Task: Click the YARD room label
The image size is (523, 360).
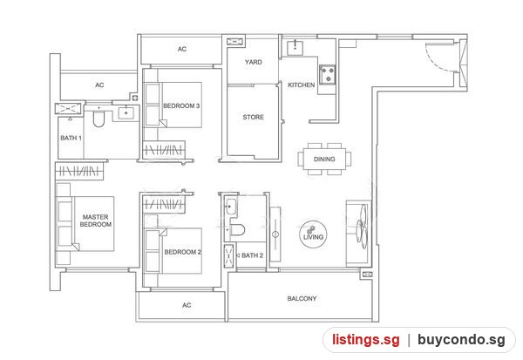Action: pyautogui.click(x=253, y=62)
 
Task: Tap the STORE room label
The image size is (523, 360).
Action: pyautogui.click(x=253, y=117)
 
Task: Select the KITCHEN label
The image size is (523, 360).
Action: pyautogui.click(x=302, y=85)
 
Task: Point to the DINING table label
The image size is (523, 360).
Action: pyautogui.click(x=324, y=160)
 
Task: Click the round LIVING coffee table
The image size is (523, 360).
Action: pyautogui.click(x=313, y=234)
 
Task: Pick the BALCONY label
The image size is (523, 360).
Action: pyautogui.click(x=302, y=298)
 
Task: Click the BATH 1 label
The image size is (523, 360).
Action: pyautogui.click(x=71, y=138)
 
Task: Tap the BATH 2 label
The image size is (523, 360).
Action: pyautogui.click(x=252, y=255)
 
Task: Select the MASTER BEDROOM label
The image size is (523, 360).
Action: pyautogui.click(x=95, y=221)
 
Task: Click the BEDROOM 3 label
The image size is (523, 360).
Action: pyautogui.click(x=181, y=105)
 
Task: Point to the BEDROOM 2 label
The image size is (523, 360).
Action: pyautogui.click(x=183, y=252)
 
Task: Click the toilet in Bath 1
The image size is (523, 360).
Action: pyautogui.click(x=98, y=117)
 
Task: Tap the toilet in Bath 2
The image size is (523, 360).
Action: pyautogui.click(x=236, y=230)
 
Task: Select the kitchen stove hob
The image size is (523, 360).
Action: pyautogui.click(x=327, y=75)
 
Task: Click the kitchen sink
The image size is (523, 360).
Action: pyautogui.click(x=295, y=48)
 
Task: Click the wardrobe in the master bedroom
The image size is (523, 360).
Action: pyautogui.click(x=79, y=171)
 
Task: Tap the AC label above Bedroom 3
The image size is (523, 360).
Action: pyautogui.click(x=182, y=49)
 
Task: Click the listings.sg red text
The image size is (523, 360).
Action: pyautogui.click(x=366, y=340)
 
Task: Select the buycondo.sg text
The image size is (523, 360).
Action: pyautogui.click(x=461, y=340)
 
